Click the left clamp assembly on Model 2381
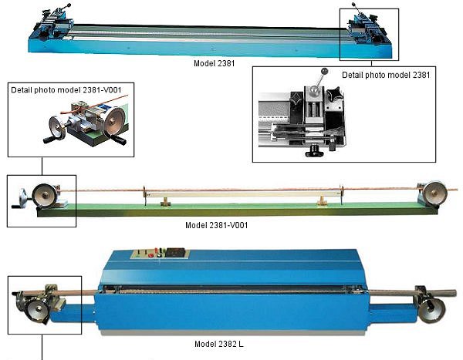(53, 26)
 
